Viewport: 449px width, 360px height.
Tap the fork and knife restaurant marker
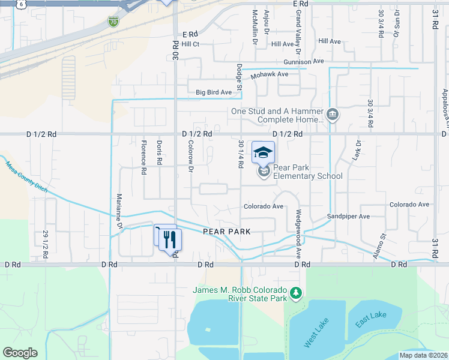[172, 239]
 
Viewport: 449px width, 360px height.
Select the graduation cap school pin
[263, 152]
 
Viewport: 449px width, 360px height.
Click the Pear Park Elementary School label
[307, 172]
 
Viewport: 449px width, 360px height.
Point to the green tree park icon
[295, 292]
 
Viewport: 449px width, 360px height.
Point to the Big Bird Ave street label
[214, 92]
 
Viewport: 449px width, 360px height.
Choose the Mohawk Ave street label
[270, 74]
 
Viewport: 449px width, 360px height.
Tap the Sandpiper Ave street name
[346, 215]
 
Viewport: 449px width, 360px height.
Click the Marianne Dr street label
[119, 211]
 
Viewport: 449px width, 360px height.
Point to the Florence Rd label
[143, 157]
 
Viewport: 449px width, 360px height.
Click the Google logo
[20, 352]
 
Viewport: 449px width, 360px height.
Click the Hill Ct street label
[190, 44]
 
